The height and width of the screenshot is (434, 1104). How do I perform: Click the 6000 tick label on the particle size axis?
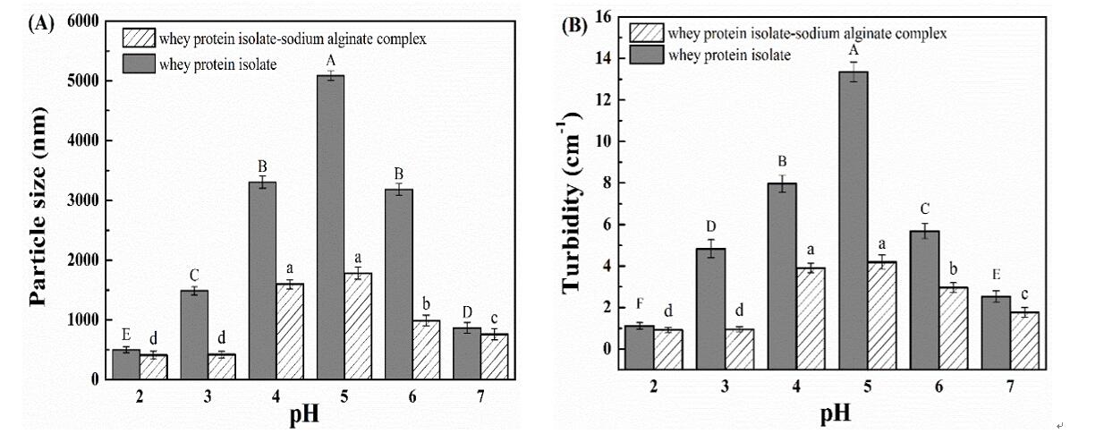(81, 21)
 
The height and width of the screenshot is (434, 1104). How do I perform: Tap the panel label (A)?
(41, 24)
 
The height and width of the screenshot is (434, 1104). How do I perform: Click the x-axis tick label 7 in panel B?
(1010, 386)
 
